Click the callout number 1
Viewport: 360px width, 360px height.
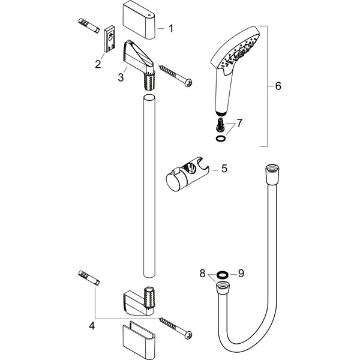click(x=170, y=28)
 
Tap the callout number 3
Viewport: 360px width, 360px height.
click(x=121, y=77)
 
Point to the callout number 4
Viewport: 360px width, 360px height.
click(x=92, y=326)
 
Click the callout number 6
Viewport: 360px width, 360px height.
click(x=277, y=86)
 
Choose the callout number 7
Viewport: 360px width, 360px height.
click(x=239, y=123)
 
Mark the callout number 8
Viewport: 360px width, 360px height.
click(x=202, y=273)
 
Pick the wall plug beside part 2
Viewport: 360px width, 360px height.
click(x=88, y=26)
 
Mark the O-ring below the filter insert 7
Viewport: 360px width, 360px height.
click(x=221, y=137)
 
